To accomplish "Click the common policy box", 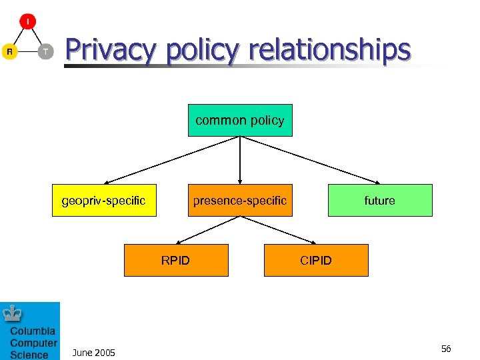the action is pos(240,121).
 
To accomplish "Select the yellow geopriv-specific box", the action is pos(104,200).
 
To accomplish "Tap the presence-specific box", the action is pos(240,200).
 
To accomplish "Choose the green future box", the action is pos(380,200).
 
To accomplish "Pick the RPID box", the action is pos(176,260).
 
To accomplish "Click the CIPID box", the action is pos(316,260).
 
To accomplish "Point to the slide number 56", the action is pos(446,349).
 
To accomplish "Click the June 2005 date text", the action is pos(93,353).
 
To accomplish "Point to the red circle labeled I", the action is pos(27,22).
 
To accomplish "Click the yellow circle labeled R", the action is pos(9,51).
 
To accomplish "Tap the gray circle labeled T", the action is pos(45,51).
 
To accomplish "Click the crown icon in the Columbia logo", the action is pos(13,313).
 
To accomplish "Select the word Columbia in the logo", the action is pos(33,331).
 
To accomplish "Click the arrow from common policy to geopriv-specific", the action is pos(172,160).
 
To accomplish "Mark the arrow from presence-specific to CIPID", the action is pos(278,229).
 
